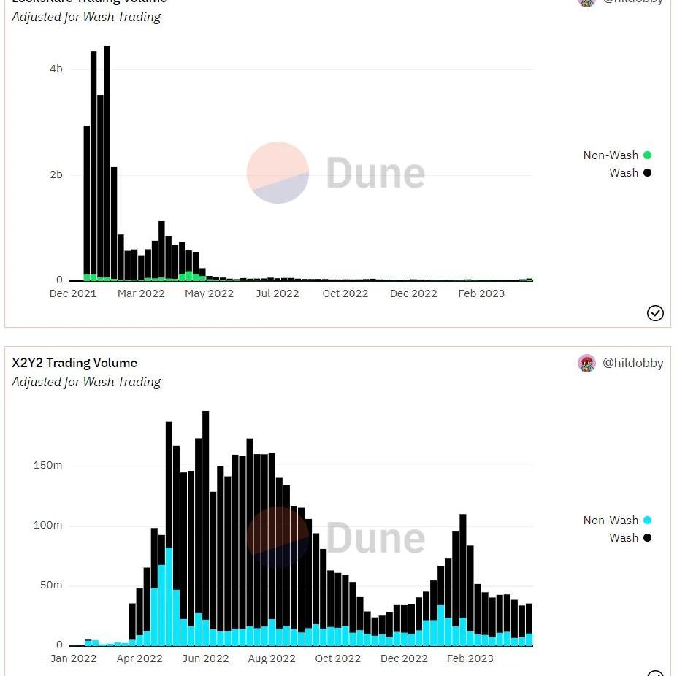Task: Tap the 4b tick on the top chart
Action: coord(56,69)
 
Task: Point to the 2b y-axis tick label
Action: coord(56,175)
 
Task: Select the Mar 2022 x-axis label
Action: coord(142,293)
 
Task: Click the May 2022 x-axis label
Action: coord(210,293)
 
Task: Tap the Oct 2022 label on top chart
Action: coord(345,293)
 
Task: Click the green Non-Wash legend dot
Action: coord(647,155)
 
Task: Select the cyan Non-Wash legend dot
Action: coord(647,520)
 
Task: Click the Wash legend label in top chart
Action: coord(624,172)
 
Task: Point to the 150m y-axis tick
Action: coord(47,465)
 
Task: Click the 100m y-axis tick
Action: coord(47,526)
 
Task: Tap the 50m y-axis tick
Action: coord(50,585)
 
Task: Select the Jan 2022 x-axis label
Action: coord(73,658)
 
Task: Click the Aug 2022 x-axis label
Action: coord(272,658)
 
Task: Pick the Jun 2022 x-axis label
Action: coord(205,658)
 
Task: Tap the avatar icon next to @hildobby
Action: coord(586,363)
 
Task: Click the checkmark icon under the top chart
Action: coord(655,313)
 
